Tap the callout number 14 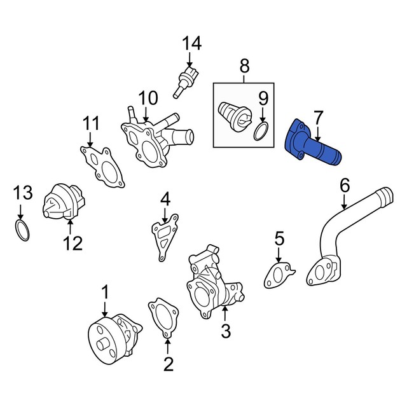pyautogui.click(x=192, y=43)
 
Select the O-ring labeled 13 pyautogui.click(x=22, y=230)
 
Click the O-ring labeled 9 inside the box pyautogui.click(x=261, y=132)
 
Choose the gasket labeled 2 pyautogui.click(x=163, y=318)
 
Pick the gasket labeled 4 pyautogui.click(x=165, y=236)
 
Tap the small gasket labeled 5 pyautogui.click(x=279, y=275)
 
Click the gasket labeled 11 pyautogui.click(x=102, y=167)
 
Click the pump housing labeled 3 pyautogui.click(x=214, y=281)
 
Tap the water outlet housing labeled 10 pyautogui.click(x=156, y=137)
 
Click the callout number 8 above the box pyautogui.click(x=244, y=66)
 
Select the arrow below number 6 pyautogui.click(x=344, y=202)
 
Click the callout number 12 pyautogui.click(x=73, y=243)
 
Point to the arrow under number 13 pyautogui.click(x=20, y=212)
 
